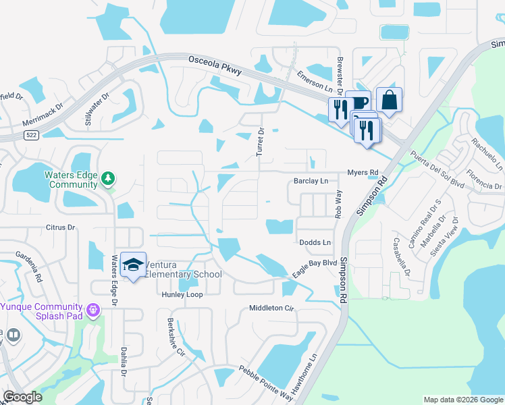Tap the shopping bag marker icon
coord(389,101)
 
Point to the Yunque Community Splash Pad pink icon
coord(93,310)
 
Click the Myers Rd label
coord(363,173)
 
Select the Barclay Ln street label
coord(311,182)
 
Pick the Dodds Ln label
coord(315,242)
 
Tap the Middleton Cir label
coord(273,308)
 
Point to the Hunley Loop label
coord(182,295)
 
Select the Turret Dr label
coord(259,142)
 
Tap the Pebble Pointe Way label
coord(265,382)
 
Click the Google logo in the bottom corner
coord(22,397)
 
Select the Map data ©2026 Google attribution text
coord(463,400)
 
